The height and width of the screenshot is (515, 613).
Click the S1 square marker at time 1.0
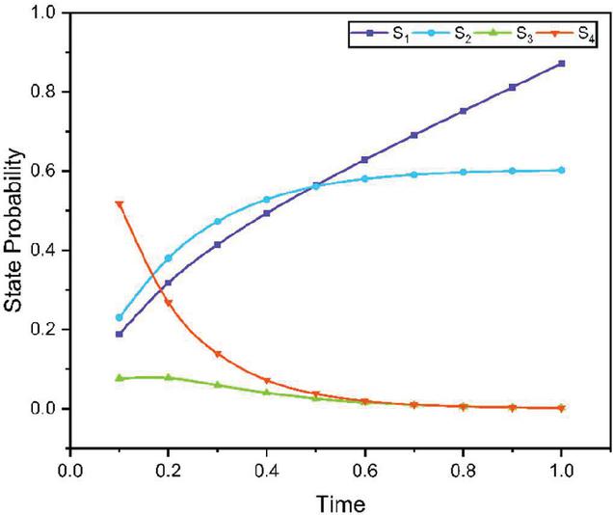coord(561,64)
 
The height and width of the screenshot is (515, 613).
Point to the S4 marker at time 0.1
coord(120,204)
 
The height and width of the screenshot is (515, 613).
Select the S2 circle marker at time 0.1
coord(120,317)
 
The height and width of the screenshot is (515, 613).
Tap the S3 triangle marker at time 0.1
coord(120,378)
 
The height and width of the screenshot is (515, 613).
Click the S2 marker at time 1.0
coord(561,170)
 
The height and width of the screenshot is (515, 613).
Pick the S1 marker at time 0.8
coord(463,111)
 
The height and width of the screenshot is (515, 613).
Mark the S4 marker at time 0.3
coord(218,354)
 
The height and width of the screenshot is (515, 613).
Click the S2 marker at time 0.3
coord(218,222)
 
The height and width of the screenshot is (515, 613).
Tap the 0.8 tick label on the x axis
coord(463,471)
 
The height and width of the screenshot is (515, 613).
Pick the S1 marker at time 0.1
coord(120,334)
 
